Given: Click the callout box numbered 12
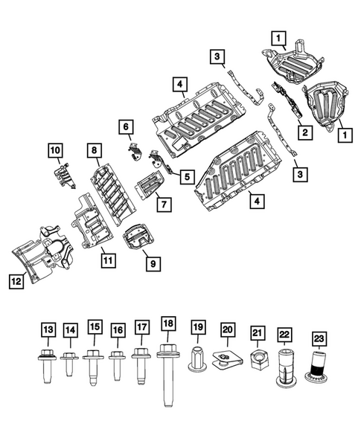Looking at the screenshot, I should (16, 281).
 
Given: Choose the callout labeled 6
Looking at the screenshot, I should (125, 127).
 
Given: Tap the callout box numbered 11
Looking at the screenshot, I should (109, 261).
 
